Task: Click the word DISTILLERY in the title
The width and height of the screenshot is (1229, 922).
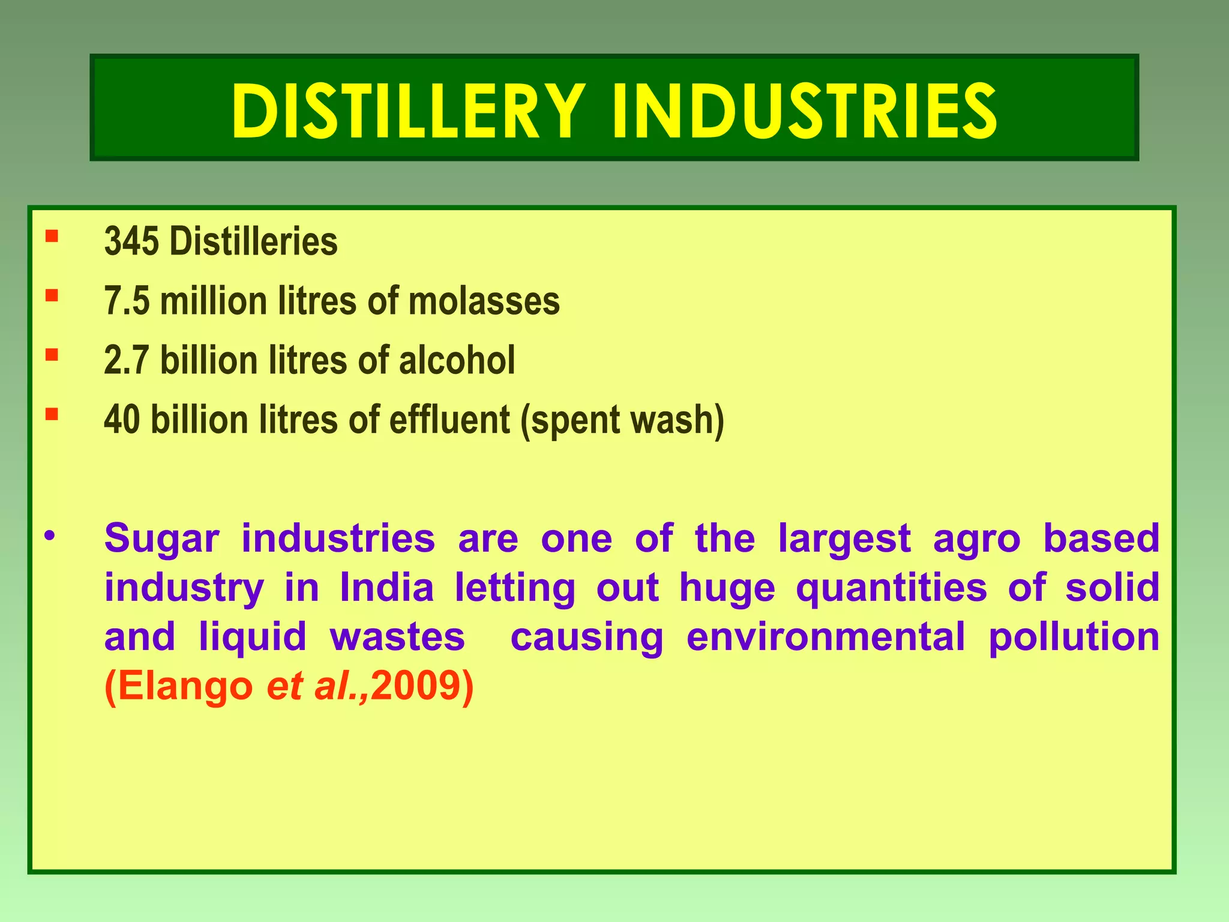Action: point(409,112)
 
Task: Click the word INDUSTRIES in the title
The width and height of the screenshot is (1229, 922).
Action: point(805,112)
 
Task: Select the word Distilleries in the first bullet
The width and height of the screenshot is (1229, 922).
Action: point(253,242)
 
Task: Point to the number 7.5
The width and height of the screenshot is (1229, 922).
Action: point(127,301)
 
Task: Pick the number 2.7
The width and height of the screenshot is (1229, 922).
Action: point(127,360)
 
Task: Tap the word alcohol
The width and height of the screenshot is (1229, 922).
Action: point(457,360)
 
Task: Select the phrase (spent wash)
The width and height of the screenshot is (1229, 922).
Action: point(622,420)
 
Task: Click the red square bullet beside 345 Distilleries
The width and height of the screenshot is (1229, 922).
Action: point(52,235)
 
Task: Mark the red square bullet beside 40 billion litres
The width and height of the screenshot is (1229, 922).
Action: point(52,413)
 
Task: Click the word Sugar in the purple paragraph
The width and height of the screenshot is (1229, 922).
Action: point(161,539)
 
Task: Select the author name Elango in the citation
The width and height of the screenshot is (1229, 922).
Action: point(185,685)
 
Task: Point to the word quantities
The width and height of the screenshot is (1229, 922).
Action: point(892,588)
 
